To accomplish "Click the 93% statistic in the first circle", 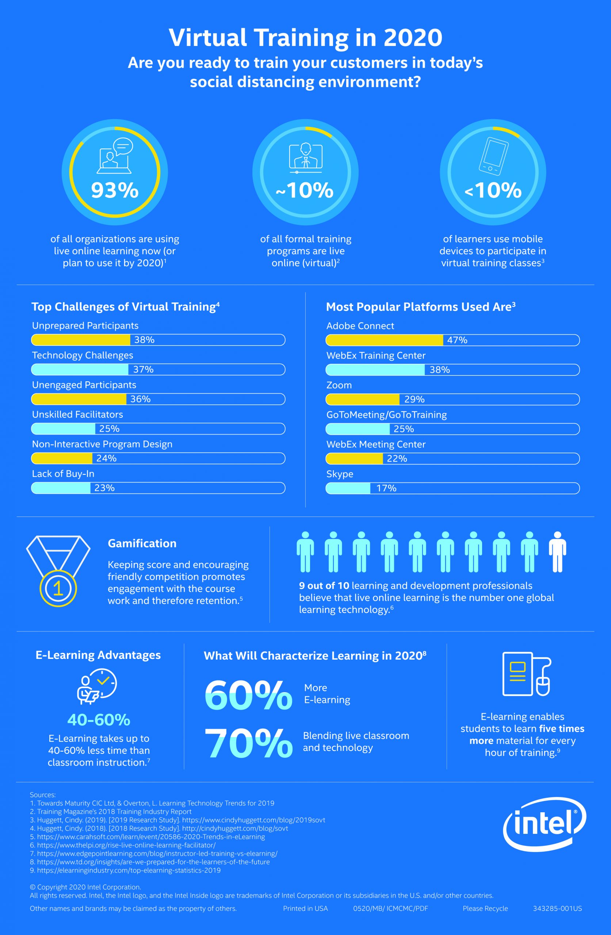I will click(x=115, y=190).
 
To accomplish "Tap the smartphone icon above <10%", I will click(x=493, y=156).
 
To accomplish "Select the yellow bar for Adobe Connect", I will click(x=384, y=340).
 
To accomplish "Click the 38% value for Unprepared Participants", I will click(x=144, y=340).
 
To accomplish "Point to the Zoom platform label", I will click(x=339, y=385).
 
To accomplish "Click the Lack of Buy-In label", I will click(x=63, y=474).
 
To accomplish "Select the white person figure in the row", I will click(x=557, y=552).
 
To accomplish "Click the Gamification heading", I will click(x=142, y=543).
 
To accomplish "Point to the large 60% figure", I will click(x=248, y=696).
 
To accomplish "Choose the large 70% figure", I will click(x=248, y=743).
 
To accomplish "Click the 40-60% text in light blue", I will click(x=99, y=720).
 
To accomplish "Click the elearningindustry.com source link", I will click(x=129, y=870).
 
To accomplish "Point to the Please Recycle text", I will click(x=485, y=908).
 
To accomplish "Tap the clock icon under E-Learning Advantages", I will click(x=104, y=683).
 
